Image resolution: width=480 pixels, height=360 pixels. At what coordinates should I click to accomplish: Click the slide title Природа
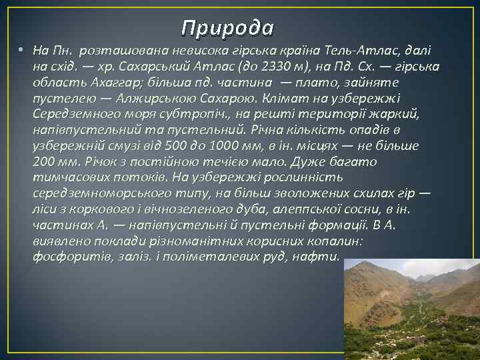[227, 27]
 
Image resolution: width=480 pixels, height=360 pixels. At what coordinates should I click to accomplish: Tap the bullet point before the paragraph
[22, 50]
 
